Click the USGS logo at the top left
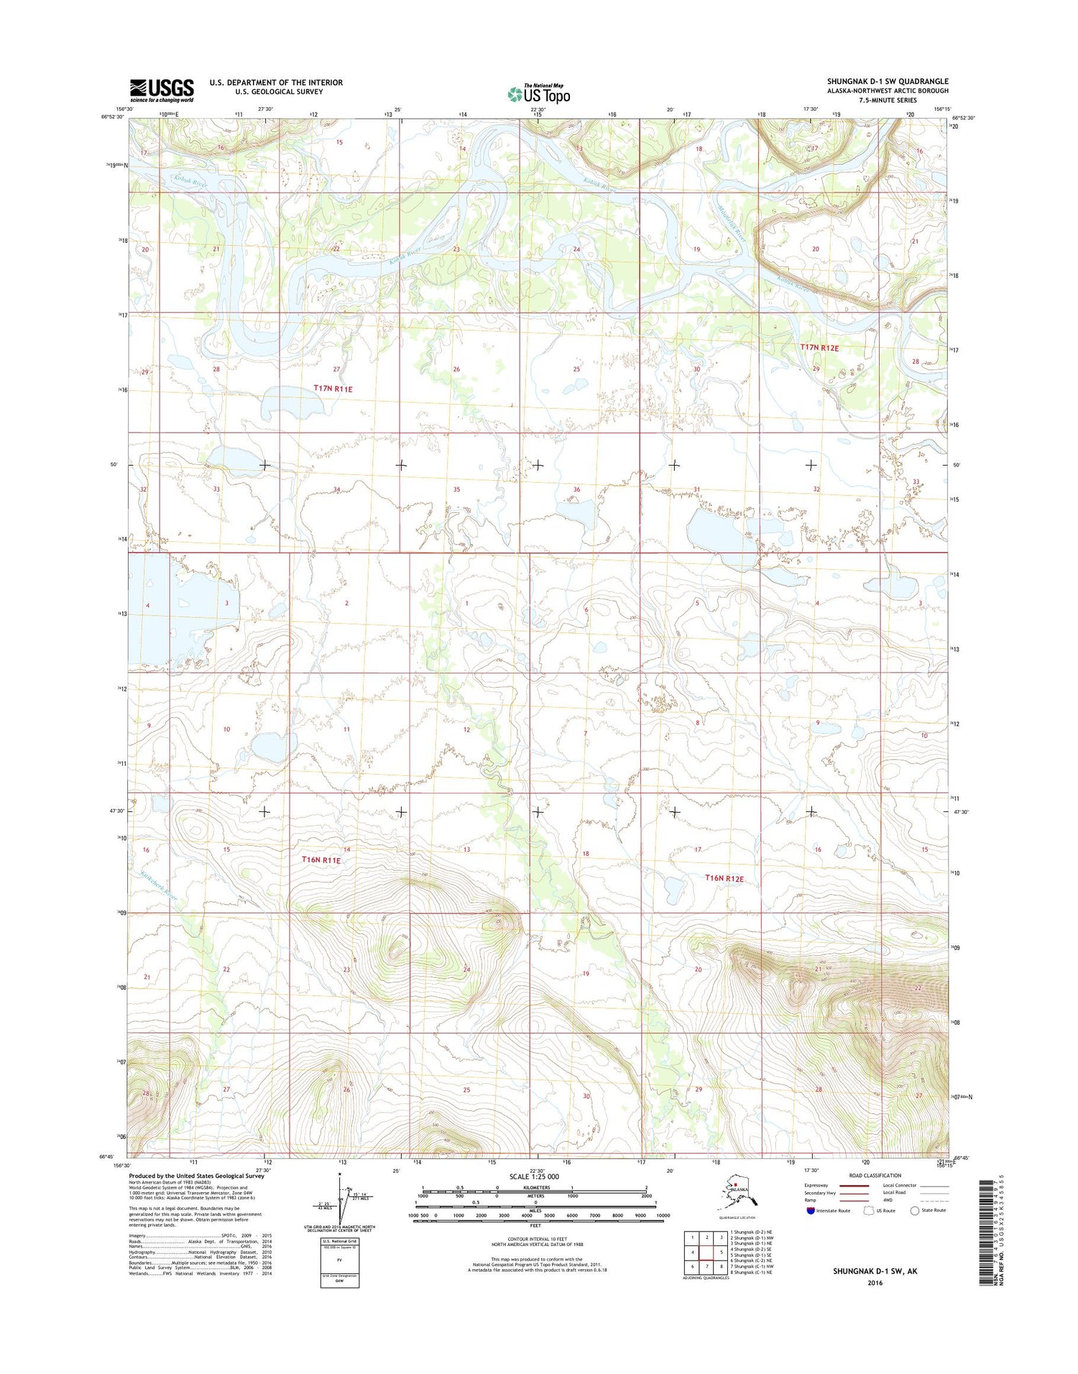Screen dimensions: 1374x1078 point(162,89)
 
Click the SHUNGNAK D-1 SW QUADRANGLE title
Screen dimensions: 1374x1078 point(887,82)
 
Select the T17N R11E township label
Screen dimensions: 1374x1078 point(333,388)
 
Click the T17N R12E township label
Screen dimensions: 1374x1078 point(820,347)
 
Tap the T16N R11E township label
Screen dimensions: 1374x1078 point(321,859)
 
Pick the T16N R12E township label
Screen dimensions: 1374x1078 point(724,878)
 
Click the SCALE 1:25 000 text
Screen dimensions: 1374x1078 point(538,1176)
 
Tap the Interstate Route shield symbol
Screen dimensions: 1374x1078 point(810,1210)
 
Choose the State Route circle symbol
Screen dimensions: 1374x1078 point(915,1210)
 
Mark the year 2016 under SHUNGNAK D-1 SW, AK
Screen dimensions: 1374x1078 point(875,1282)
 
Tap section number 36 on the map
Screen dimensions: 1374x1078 point(576,489)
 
